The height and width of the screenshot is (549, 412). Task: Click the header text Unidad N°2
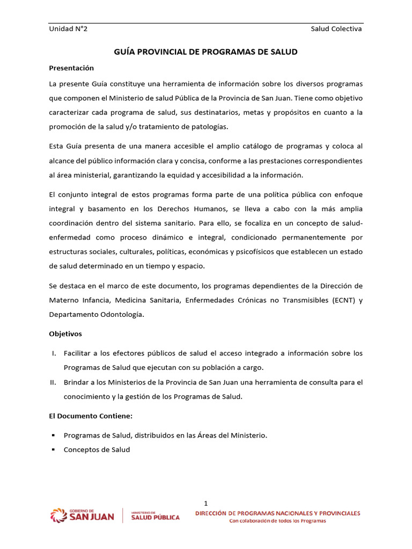(68, 29)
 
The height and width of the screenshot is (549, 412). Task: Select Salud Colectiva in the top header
(336, 29)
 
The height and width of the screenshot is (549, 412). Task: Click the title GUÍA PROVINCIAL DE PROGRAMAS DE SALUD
(206, 52)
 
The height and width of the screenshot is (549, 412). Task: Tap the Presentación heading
(71, 68)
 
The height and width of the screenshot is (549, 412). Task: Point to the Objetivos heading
(65, 333)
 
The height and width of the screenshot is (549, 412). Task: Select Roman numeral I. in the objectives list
(54, 353)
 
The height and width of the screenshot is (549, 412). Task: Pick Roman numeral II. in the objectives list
(54, 382)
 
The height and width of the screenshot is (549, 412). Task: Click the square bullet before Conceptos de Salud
(54, 450)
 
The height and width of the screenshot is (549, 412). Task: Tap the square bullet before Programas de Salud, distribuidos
(54, 435)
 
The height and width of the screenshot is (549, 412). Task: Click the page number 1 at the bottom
(206, 503)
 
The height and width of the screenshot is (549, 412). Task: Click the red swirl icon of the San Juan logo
(58, 516)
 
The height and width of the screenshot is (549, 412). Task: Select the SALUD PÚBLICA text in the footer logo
(156, 517)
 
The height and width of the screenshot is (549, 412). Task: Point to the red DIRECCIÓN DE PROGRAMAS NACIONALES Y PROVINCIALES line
(277, 513)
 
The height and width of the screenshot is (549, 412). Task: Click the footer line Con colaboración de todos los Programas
(277, 521)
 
